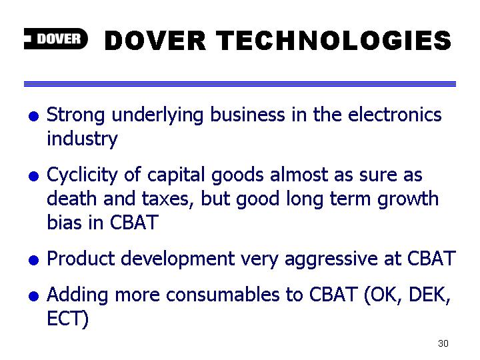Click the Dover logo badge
click(x=56, y=39)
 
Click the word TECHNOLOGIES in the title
click(x=333, y=41)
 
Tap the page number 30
click(x=443, y=343)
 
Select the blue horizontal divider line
click(x=240, y=84)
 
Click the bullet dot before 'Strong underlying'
click(x=34, y=116)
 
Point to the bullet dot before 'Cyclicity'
click(x=34, y=176)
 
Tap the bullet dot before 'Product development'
click(x=34, y=260)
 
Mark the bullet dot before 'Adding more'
click(x=34, y=296)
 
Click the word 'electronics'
click(x=395, y=115)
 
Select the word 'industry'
click(x=82, y=139)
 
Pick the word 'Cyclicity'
click(x=82, y=175)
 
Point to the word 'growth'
click(x=408, y=199)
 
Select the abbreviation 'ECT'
click(x=67, y=319)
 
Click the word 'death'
click(x=71, y=199)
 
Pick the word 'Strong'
click(x=75, y=115)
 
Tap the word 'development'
click(x=178, y=259)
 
